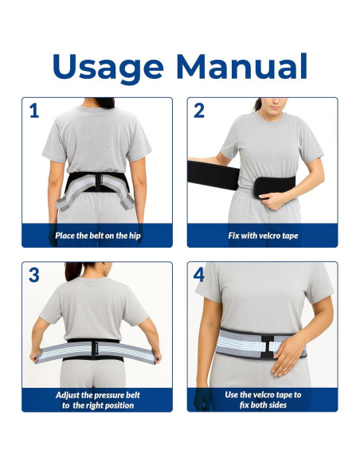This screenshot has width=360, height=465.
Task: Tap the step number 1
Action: (x=33, y=111)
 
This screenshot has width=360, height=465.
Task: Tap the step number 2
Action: (x=199, y=111)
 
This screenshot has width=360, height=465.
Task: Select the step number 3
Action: (x=33, y=275)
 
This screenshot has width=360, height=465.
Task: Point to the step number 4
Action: (x=199, y=275)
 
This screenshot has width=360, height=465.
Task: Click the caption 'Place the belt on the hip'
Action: (x=96, y=236)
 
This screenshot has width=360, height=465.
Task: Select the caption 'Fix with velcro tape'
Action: (x=262, y=236)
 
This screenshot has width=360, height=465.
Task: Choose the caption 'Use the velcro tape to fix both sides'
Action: (x=262, y=399)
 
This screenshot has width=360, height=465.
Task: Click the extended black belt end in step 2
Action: (x=210, y=174)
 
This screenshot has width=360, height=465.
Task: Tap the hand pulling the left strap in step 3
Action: (x=33, y=357)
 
